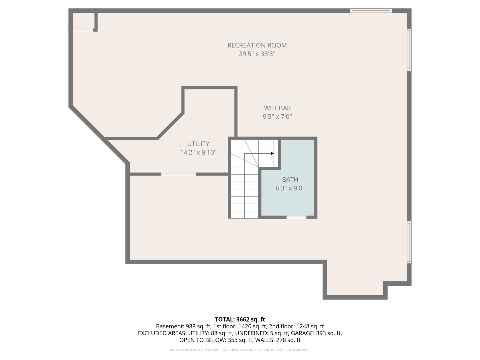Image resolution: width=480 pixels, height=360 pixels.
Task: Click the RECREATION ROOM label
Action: coord(257,45)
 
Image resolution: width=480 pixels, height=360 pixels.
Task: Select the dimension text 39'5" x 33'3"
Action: coord(257,54)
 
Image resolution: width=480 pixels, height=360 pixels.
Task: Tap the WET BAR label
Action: coord(277,108)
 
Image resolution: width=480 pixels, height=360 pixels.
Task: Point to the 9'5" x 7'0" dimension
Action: coord(277,117)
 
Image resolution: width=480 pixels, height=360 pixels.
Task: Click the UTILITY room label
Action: coord(198,144)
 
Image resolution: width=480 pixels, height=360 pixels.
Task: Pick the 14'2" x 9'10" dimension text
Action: coord(198,152)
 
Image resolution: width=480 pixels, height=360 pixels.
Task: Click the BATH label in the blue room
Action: coord(290,179)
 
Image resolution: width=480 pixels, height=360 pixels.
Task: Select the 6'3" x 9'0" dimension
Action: coord(290,188)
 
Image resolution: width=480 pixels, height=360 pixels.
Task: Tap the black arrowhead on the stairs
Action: coord(272,153)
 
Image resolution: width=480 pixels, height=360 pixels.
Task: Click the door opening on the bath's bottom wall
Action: coord(296,217)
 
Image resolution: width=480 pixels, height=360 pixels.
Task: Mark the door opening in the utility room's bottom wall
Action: coord(179,174)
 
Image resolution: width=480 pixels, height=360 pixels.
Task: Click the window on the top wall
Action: coord(371,11)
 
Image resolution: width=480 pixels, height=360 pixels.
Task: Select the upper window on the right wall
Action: coord(409,50)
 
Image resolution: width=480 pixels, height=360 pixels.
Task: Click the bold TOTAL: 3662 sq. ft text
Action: coord(240,319)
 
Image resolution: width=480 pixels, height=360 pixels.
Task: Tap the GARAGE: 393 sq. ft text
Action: coord(316,333)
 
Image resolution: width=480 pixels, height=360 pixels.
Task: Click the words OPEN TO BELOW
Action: coord(202,340)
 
